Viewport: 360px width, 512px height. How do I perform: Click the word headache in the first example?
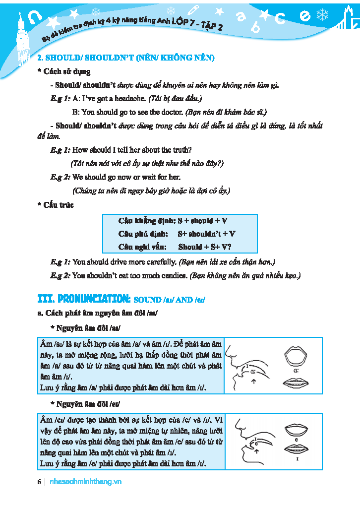(x=130, y=99)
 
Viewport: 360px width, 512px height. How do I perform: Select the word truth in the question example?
(x=181, y=150)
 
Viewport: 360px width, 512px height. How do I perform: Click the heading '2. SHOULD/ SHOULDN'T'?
(x=126, y=58)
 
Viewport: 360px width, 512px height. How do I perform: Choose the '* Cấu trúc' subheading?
(x=56, y=205)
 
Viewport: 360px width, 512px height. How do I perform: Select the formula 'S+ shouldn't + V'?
(x=206, y=234)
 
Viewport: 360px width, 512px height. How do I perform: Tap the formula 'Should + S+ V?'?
(x=205, y=247)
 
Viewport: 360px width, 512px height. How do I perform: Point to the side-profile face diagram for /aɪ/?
(x=247, y=366)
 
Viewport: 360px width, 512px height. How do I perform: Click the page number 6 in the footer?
(x=39, y=482)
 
